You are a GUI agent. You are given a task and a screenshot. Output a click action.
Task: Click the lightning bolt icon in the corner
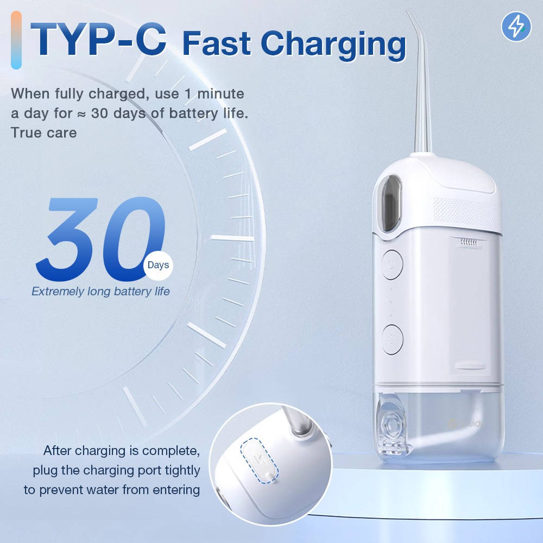coord(516,27)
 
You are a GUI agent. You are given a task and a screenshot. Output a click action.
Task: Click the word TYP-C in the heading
coord(99,39)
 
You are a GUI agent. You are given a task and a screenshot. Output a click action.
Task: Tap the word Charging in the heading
coord(333,45)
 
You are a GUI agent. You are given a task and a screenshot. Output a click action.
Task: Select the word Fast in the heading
coord(217,43)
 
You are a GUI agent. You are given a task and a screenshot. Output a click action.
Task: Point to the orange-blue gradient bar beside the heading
coord(16,40)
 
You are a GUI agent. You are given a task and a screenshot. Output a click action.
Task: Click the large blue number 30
coord(100,239)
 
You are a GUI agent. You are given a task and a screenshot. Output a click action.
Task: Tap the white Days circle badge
coord(158,266)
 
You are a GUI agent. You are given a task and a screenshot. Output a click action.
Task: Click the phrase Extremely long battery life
coord(100,291)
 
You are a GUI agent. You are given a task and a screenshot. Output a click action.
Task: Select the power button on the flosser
coord(392,265)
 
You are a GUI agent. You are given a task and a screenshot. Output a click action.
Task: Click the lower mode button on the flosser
coord(392,339)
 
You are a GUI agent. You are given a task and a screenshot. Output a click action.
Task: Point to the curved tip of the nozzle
coord(411,15)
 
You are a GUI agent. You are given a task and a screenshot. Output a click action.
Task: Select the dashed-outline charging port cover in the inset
coord(259,460)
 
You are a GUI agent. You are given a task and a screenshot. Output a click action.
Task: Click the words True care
coord(43,132)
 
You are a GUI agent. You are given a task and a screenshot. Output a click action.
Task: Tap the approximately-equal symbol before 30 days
coord(81,114)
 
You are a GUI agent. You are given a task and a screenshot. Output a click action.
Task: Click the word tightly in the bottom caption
coord(182,471)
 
